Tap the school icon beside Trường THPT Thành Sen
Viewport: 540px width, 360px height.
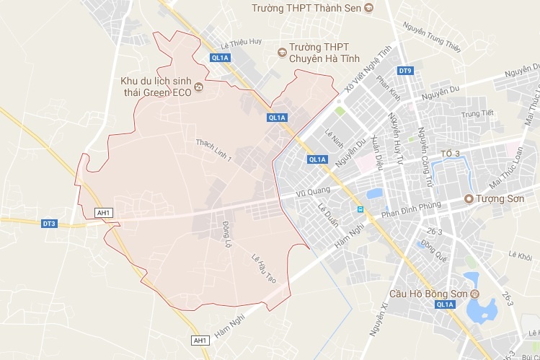click(x=369, y=8)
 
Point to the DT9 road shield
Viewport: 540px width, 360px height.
click(x=405, y=71)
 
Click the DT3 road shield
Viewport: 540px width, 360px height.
click(x=49, y=224)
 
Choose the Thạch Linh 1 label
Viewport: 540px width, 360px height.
click(x=213, y=145)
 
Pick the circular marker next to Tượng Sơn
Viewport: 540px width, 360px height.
click(x=468, y=198)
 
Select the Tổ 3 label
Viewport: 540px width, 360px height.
click(x=450, y=154)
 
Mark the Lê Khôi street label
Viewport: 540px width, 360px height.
click(x=519, y=256)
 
